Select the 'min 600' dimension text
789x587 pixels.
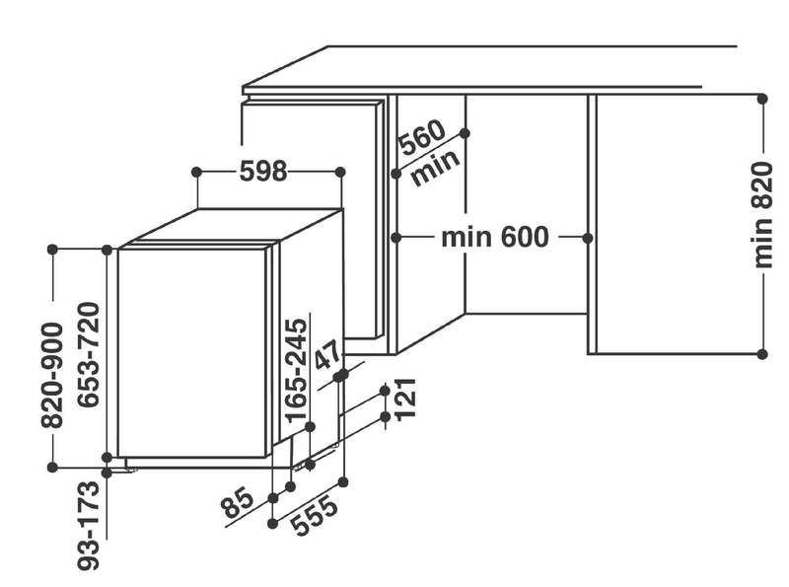click(x=494, y=238)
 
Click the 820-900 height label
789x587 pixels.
click(x=53, y=374)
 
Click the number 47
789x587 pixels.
click(x=328, y=353)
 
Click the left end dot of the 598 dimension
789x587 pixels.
click(x=196, y=172)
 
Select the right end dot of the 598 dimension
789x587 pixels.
click(x=340, y=172)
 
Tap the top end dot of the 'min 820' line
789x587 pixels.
click(x=762, y=98)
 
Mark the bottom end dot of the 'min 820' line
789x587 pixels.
click(x=762, y=352)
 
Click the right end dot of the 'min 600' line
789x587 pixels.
click(x=588, y=238)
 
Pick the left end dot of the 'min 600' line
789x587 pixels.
click(x=395, y=238)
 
